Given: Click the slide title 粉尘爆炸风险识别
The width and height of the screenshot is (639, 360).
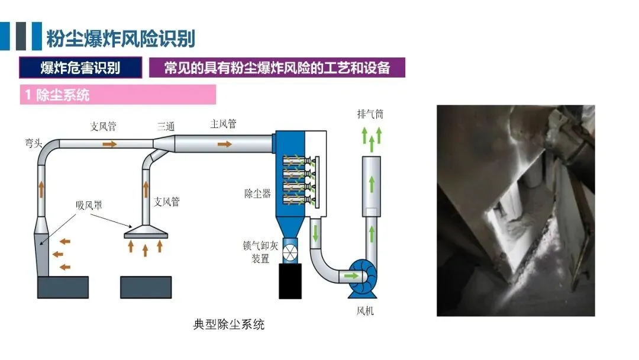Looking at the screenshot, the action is point(121,38).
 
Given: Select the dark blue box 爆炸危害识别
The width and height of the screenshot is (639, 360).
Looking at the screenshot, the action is point(80,67).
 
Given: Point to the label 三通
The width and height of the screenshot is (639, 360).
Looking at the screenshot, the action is point(166,126).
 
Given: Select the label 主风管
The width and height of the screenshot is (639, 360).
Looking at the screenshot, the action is point(223,124).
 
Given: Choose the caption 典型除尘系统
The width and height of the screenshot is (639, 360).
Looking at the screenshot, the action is point(228,324).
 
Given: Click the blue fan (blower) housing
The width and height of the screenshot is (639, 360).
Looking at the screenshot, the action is point(363,278).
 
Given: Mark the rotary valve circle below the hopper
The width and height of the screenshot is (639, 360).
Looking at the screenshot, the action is point(291,252).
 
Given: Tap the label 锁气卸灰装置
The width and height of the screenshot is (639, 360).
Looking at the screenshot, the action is point(256,252).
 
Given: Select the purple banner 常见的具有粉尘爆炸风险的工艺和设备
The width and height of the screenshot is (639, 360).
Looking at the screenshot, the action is point(277,67).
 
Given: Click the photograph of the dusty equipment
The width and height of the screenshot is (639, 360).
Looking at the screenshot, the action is point(515,210).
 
